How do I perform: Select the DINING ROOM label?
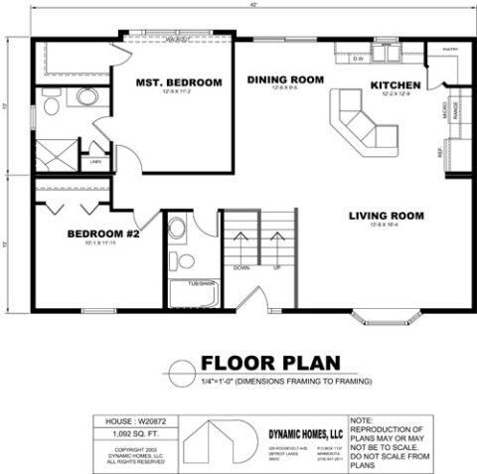[x=286, y=79]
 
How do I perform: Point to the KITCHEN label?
[x=396, y=85]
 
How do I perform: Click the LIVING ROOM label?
[x=387, y=216]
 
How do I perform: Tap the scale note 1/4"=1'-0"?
[x=226, y=381]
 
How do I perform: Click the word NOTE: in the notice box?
[x=360, y=421]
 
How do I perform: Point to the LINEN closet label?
[x=96, y=160]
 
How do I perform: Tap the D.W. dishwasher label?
[x=359, y=58]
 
